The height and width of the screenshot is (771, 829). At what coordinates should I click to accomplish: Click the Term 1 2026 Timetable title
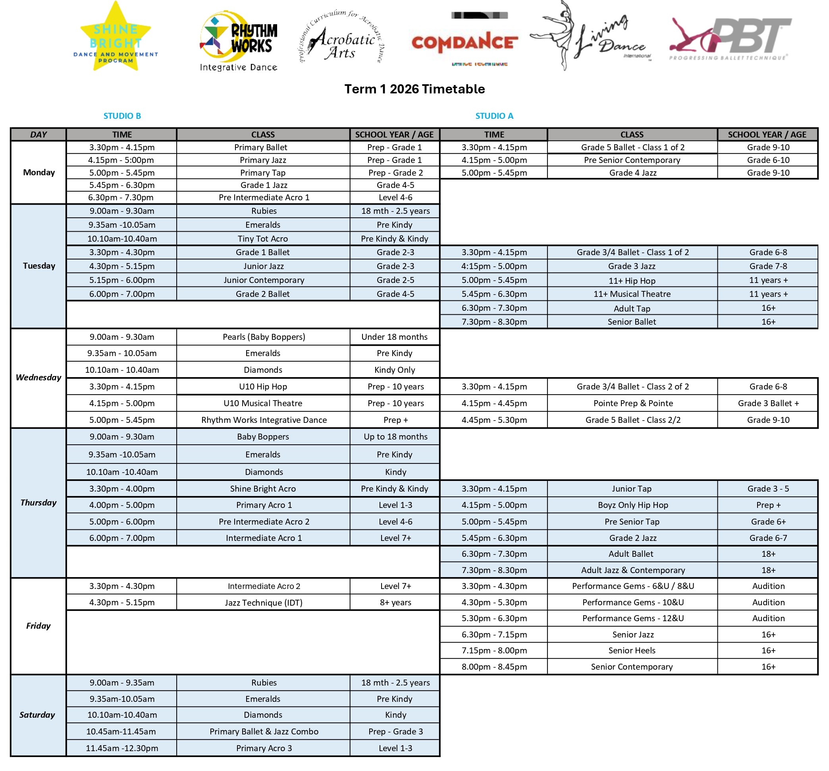414,89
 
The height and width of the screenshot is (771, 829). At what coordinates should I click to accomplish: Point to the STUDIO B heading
122,116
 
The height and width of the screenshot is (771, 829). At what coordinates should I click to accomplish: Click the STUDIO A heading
494,116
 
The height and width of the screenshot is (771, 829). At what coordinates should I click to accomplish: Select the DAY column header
39,134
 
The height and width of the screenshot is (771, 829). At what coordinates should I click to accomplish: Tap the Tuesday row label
39,266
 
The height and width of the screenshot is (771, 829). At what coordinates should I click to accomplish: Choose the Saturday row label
37,715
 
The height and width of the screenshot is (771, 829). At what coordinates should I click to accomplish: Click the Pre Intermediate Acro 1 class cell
264,198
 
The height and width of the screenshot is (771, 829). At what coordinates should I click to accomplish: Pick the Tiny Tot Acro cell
262,238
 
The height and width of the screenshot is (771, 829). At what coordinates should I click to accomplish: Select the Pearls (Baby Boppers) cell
264,337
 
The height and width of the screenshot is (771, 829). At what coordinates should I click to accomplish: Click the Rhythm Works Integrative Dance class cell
264,420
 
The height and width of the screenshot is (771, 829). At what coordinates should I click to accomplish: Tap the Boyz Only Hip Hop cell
633,505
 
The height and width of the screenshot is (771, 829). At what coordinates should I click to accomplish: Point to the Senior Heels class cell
632,651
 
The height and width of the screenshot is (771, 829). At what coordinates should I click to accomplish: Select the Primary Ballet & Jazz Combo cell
264,731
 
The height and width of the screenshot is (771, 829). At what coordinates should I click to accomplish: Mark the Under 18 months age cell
394,337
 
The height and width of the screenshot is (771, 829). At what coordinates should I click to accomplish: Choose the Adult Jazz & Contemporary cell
633,570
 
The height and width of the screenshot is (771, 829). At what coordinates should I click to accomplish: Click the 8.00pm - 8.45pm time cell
494,667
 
